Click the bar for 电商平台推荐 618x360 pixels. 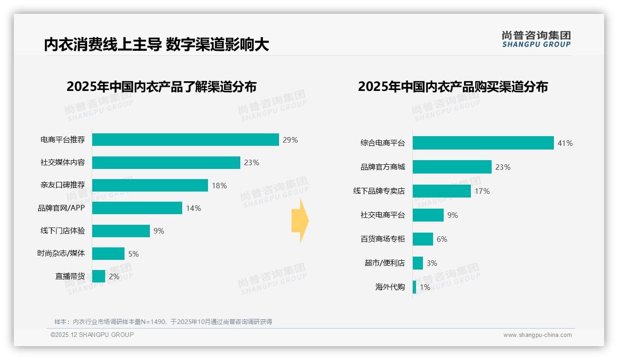(185, 139)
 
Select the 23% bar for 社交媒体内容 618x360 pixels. (166, 162)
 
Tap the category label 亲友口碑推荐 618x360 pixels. (63, 186)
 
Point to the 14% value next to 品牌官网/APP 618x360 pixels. (193, 209)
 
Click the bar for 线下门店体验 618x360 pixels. (121, 231)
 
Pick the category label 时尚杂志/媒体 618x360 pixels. (61, 253)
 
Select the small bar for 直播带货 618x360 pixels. (99, 276)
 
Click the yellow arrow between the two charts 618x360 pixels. (300, 221)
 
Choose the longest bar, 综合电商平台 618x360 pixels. (483, 143)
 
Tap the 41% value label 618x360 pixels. (565, 144)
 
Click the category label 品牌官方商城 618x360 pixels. (382, 167)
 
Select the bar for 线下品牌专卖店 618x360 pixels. (441, 191)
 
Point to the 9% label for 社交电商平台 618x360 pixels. (452, 215)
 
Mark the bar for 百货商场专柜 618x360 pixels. (422, 239)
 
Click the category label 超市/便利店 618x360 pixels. (384, 263)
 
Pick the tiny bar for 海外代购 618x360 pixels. (414, 287)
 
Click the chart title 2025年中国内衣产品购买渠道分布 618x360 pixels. (452, 87)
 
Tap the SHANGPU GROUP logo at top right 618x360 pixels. (536, 39)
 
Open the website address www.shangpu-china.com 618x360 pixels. (537, 335)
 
